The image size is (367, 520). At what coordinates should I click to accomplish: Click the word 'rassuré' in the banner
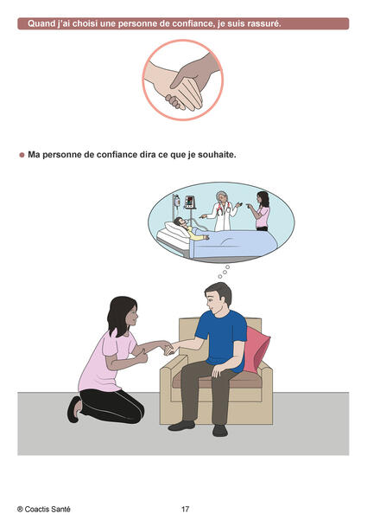263,23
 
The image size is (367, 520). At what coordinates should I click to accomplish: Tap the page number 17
185,509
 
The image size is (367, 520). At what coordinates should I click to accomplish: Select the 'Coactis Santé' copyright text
44,509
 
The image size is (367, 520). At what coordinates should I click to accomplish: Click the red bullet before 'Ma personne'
22,155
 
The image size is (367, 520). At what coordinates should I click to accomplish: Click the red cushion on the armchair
256,348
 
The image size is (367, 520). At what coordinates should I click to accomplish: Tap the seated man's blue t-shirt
221,338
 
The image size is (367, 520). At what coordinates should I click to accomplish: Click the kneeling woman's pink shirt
105,362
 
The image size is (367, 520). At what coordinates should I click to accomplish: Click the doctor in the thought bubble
222,211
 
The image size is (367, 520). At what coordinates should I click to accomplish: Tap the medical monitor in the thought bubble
190,202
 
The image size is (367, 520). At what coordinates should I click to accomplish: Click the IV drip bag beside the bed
177,201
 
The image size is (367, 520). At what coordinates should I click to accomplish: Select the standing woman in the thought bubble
262,211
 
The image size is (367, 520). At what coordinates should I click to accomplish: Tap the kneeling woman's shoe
74,409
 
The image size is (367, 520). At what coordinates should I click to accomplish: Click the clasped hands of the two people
169,348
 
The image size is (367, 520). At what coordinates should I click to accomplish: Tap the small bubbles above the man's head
224,272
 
